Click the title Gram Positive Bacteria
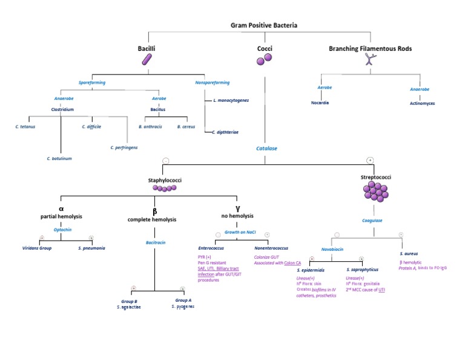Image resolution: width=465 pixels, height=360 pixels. (x=264, y=25)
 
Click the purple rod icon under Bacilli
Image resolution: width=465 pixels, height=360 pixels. (x=147, y=59)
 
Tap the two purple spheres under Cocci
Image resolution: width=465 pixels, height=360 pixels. (x=263, y=59)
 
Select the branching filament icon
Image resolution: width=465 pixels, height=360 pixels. (x=370, y=59)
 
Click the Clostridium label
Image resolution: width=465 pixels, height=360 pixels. (x=62, y=110)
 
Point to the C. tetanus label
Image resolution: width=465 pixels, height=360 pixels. (x=25, y=127)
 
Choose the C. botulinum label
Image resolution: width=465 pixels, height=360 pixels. (x=59, y=158)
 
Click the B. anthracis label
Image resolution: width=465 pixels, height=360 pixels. (x=150, y=127)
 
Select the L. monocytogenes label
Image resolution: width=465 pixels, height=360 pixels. (x=231, y=99)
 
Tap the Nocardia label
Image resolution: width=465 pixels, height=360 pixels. (x=320, y=103)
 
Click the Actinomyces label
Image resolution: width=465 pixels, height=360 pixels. (x=422, y=103)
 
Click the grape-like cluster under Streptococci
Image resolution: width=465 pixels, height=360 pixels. (x=375, y=192)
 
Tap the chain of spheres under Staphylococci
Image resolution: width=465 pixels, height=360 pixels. (x=165, y=188)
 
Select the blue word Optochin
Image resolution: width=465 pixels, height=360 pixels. (x=62, y=230)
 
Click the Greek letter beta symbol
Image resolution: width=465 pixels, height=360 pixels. (x=154, y=212)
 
